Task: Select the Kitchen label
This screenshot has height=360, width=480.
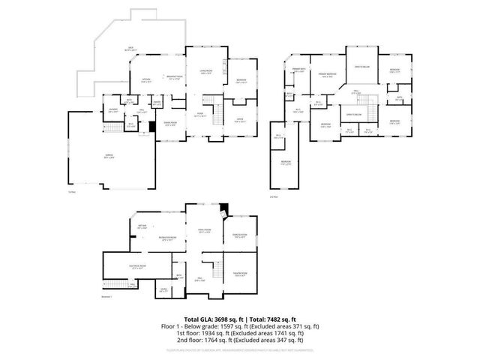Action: click(146, 79)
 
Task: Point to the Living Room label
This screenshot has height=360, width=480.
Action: click(206, 71)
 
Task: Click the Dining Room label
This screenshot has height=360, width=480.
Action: click(170, 123)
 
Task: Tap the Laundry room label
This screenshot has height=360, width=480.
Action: click(112, 110)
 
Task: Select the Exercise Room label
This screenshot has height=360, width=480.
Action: click(241, 236)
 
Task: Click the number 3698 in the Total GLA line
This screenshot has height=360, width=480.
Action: click(217, 319)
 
